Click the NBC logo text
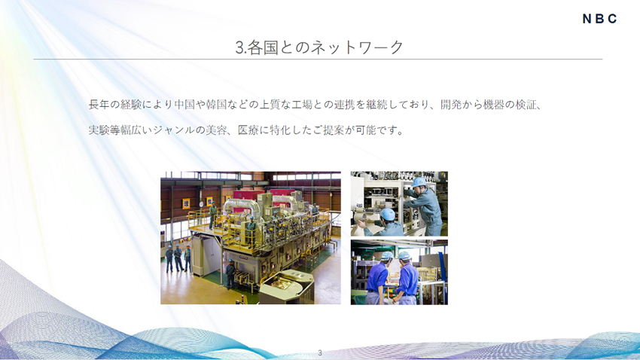pos(599,19)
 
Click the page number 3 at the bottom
pos(320,352)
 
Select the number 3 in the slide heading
pos(239,48)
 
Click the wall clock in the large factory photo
pos(185,203)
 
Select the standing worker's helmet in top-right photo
pos(419,182)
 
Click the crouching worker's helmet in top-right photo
pos(387,215)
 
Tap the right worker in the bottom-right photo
pos(407,277)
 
